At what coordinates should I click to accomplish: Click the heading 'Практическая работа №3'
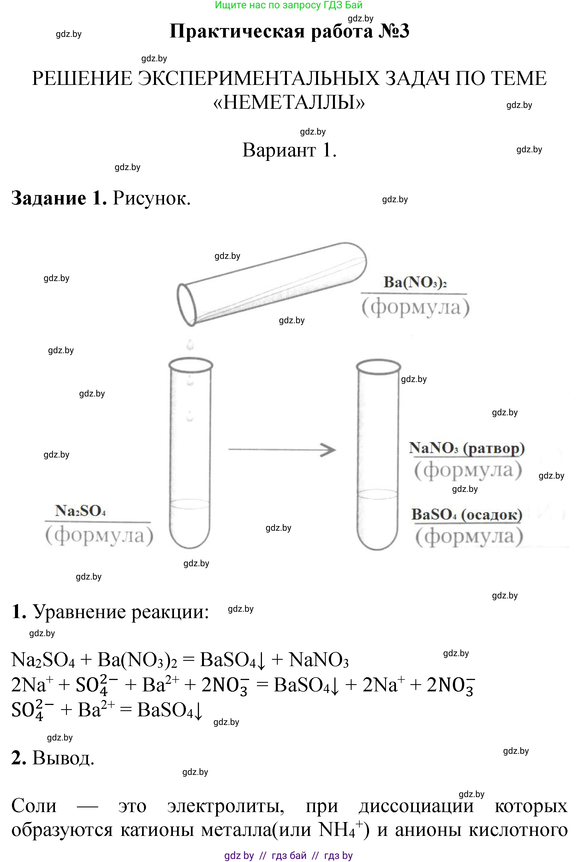(x=289, y=31)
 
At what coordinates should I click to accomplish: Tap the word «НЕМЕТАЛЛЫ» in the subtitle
(x=289, y=102)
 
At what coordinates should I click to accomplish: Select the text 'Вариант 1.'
(x=289, y=150)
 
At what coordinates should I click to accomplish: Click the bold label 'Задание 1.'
(x=59, y=198)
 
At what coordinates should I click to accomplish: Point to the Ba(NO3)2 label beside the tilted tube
(x=415, y=283)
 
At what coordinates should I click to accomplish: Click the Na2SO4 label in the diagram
(x=80, y=511)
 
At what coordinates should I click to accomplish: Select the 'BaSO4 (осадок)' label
(x=467, y=514)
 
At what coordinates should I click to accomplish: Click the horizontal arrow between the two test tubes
(x=282, y=450)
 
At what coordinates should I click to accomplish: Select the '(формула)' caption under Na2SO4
(x=99, y=535)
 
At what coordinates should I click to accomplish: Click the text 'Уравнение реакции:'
(x=121, y=612)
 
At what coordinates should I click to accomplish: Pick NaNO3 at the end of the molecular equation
(x=319, y=660)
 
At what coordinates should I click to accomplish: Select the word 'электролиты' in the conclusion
(x=226, y=806)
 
